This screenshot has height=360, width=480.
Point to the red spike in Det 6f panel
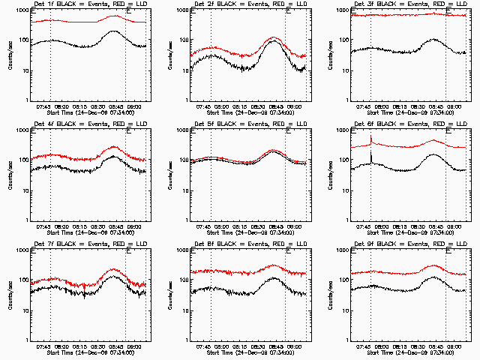370,136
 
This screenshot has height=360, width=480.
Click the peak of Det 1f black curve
114,31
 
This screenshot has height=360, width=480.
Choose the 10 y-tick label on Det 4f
25,190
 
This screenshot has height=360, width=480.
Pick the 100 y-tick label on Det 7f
23,281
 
